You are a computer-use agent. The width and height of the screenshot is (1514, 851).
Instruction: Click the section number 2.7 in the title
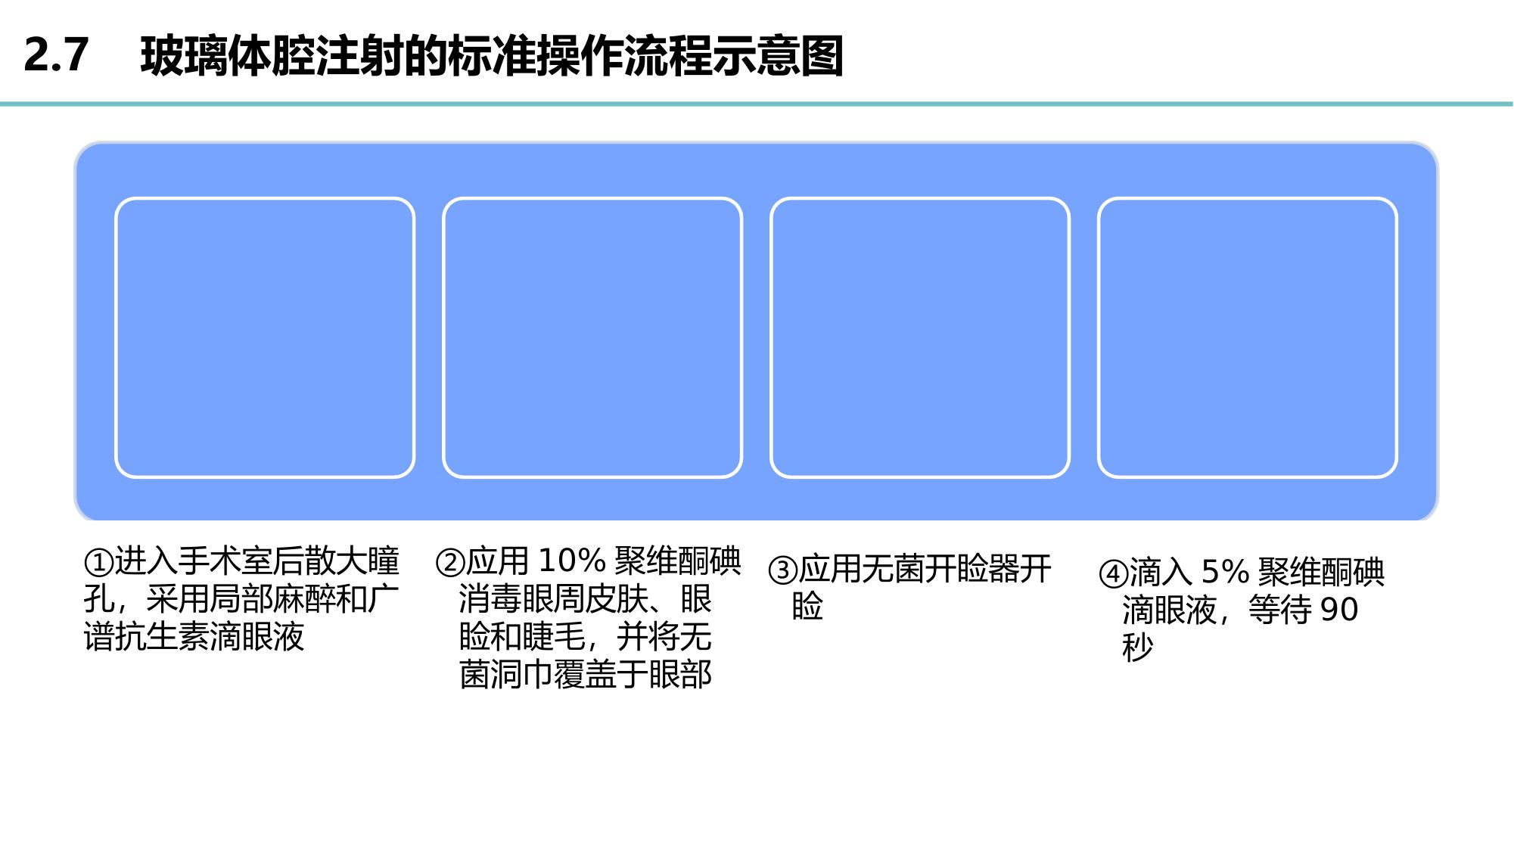(56, 55)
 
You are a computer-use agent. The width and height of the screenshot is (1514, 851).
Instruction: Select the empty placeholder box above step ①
(265, 337)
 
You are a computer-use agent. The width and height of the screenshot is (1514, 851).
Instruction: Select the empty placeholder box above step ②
(592, 337)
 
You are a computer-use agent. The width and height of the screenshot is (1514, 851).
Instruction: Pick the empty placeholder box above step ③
(920, 337)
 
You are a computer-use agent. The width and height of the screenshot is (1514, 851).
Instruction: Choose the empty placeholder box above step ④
(1248, 337)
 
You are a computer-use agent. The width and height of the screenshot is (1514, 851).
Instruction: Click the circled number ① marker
(99, 563)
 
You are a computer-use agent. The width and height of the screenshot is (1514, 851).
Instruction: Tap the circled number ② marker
(450, 563)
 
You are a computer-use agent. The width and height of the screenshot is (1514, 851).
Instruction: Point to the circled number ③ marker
(783, 570)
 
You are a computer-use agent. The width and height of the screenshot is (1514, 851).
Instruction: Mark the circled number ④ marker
(1113, 574)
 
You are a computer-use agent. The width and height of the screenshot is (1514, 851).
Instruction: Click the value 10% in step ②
(572, 561)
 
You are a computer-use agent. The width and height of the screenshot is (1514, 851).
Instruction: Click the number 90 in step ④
(1338, 610)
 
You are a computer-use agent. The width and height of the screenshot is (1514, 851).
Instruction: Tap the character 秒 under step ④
(1138, 648)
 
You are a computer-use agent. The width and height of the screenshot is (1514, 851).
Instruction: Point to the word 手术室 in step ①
(225, 562)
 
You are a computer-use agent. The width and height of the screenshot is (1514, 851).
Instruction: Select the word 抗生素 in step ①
(162, 637)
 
